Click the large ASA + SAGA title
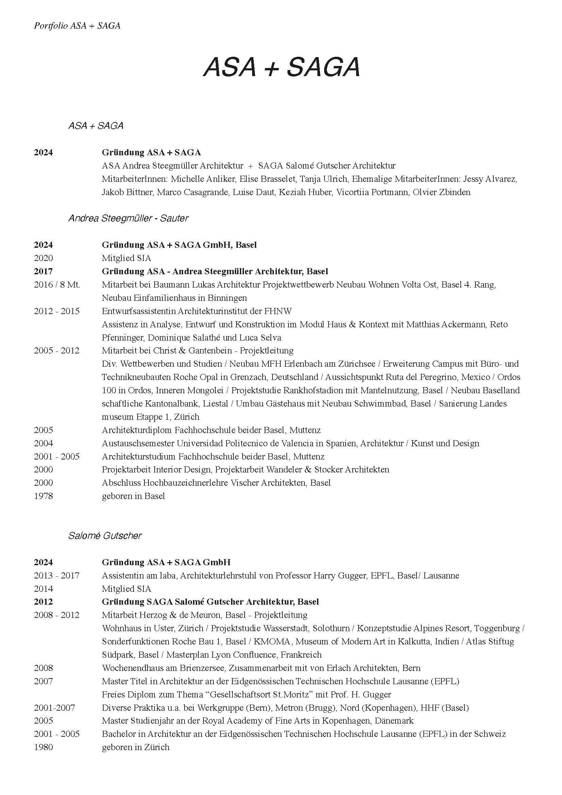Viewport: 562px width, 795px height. pyautogui.click(x=281, y=67)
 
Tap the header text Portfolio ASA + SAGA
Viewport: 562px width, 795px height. pyautogui.click(x=77, y=26)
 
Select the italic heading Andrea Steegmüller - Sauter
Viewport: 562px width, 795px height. pyautogui.click(x=128, y=218)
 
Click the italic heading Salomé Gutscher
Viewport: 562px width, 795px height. pyautogui.click(x=105, y=536)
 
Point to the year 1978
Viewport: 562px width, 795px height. pyautogui.click(x=43, y=496)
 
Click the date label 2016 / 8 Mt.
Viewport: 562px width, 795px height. pyautogui.click(x=57, y=284)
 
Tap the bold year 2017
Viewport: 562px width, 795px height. pyautogui.click(x=43, y=272)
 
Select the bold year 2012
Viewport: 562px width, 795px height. pyautogui.click(x=43, y=602)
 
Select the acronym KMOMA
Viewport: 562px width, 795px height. pyautogui.click(x=272, y=642)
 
